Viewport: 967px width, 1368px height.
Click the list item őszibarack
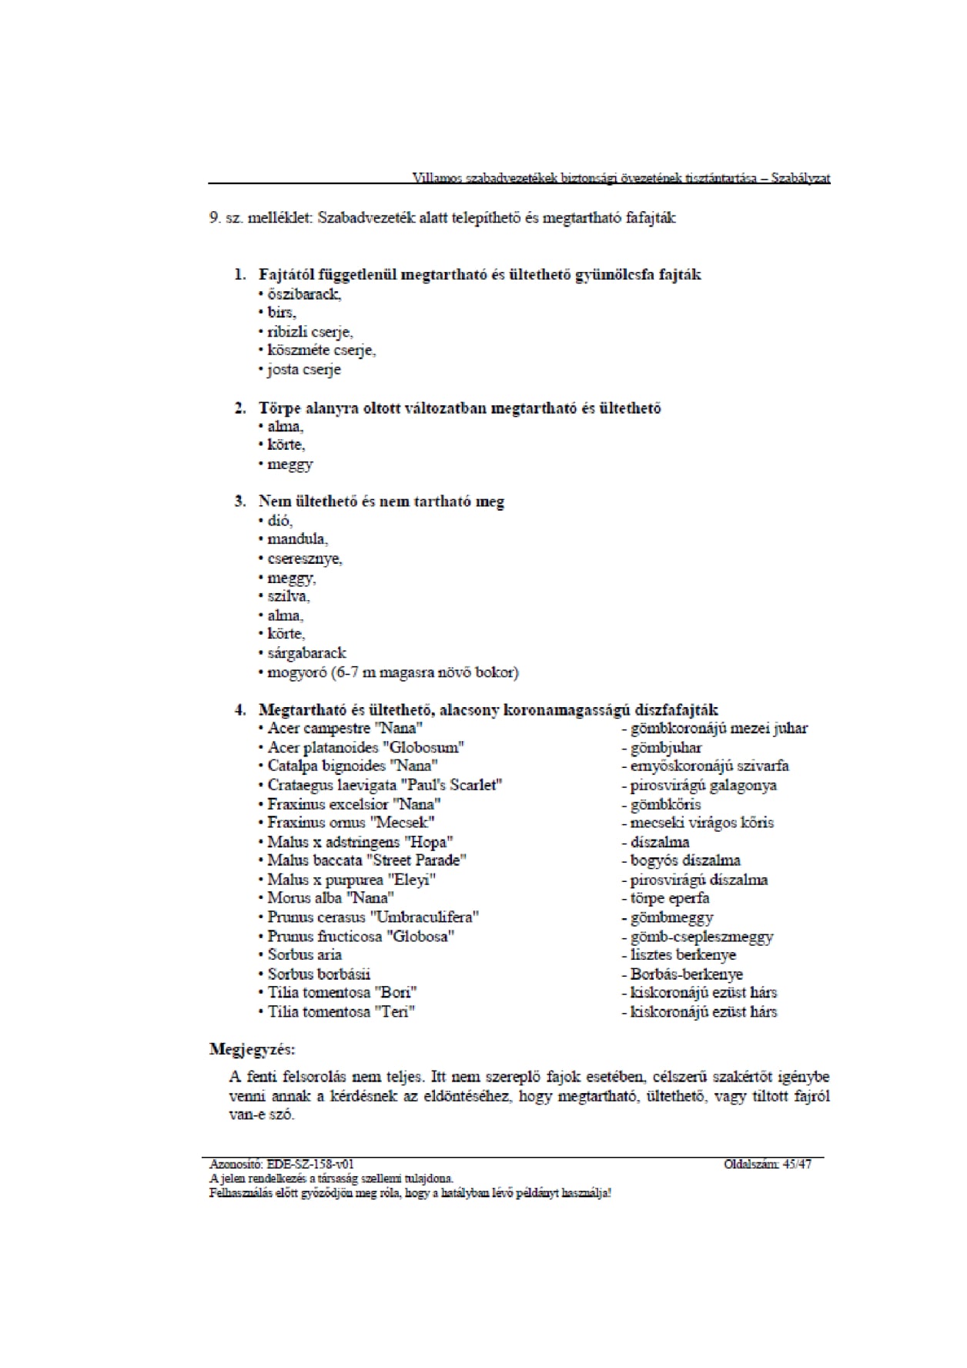tap(304, 293)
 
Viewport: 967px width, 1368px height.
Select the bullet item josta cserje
tap(303, 369)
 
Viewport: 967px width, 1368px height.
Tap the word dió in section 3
tap(279, 520)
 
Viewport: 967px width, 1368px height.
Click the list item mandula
tap(297, 539)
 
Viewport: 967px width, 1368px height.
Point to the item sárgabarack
tap(306, 652)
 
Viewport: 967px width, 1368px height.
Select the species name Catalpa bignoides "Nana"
tap(353, 766)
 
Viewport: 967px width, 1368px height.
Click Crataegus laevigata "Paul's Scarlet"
tap(385, 785)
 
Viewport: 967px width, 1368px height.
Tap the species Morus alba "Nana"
tap(330, 898)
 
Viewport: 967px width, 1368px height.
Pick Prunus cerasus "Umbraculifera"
tap(373, 917)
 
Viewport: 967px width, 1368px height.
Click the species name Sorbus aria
tap(304, 954)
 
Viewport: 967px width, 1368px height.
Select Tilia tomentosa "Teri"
tap(341, 1011)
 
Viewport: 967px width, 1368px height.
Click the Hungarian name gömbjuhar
tap(666, 747)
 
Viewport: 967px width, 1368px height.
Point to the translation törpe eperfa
tap(670, 898)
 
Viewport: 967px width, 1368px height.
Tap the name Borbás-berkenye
tap(686, 974)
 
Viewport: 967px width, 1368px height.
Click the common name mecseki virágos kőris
tap(701, 823)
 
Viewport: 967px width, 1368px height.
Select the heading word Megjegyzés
tap(252, 1049)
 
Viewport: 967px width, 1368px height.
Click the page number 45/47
tap(797, 1164)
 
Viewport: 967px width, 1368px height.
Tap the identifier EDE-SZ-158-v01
tap(310, 1164)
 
